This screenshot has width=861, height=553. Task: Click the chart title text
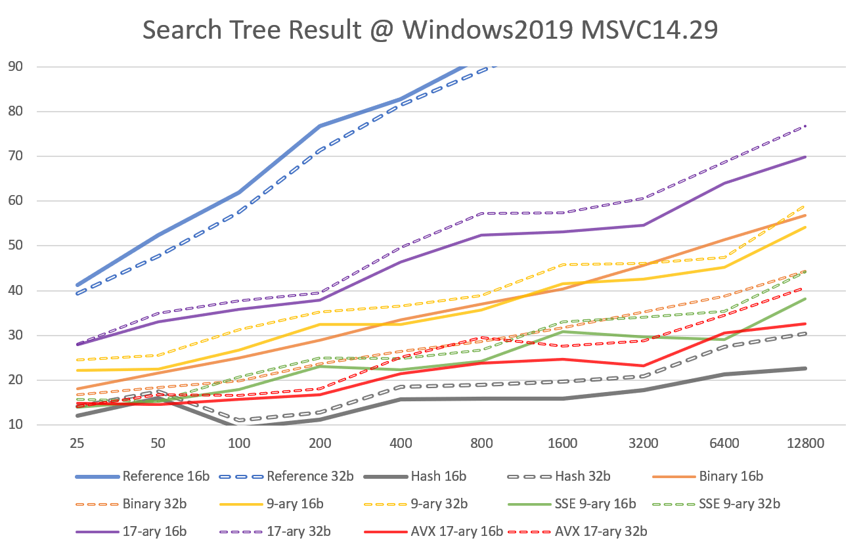pyautogui.click(x=430, y=30)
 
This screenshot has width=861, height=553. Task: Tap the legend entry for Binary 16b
pyautogui.click(x=730, y=477)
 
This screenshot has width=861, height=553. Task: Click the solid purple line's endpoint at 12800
pyautogui.click(x=805, y=157)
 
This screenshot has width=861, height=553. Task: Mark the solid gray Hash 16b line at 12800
pyautogui.click(x=805, y=368)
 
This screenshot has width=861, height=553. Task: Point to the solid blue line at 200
pyautogui.click(x=320, y=125)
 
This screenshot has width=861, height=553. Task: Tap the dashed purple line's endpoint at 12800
pyautogui.click(x=805, y=125)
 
